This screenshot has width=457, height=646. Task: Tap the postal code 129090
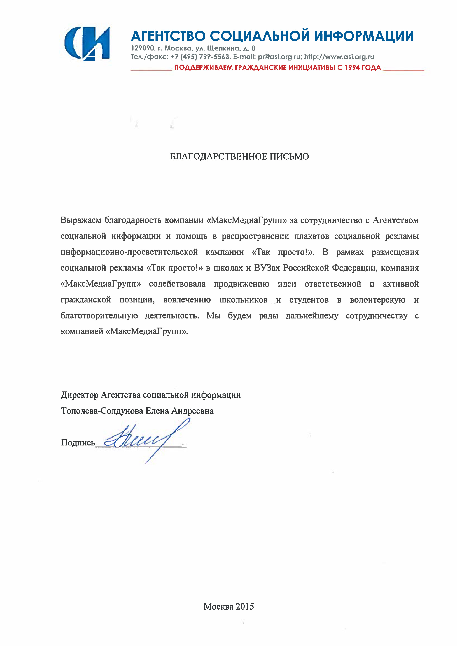coord(142,48)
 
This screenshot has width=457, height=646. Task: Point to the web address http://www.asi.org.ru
coord(339,57)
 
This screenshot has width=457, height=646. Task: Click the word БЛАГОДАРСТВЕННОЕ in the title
coord(219,156)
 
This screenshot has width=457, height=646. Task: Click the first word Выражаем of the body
coord(81,220)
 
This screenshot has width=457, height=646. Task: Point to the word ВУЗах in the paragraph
coord(267,268)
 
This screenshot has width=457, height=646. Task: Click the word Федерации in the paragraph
coord(354,268)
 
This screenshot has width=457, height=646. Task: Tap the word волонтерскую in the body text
coord(377,300)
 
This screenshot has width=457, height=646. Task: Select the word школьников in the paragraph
coord(243,300)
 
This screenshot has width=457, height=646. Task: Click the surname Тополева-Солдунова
coord(102,411)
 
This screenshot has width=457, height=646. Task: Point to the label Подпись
coord(78,443)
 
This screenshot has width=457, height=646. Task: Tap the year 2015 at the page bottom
coord(245,607)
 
